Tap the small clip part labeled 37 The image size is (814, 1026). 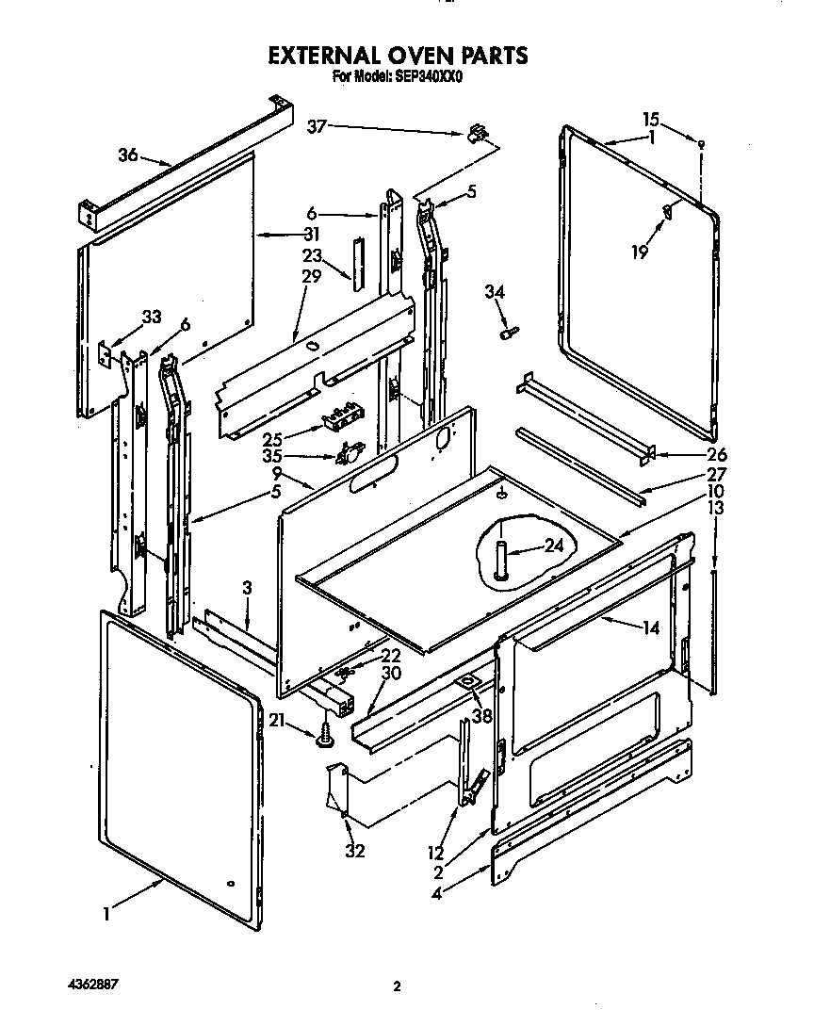(x=478, y=134)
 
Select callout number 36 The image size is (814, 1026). (x=129, y=156)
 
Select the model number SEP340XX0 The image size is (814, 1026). (x=427, y=79)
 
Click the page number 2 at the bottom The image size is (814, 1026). (x=397, y=986)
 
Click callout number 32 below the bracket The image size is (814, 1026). (x=355, y=852)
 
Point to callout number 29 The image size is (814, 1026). (x=311, y=276)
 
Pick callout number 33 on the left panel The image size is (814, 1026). (x=152, y=318)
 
